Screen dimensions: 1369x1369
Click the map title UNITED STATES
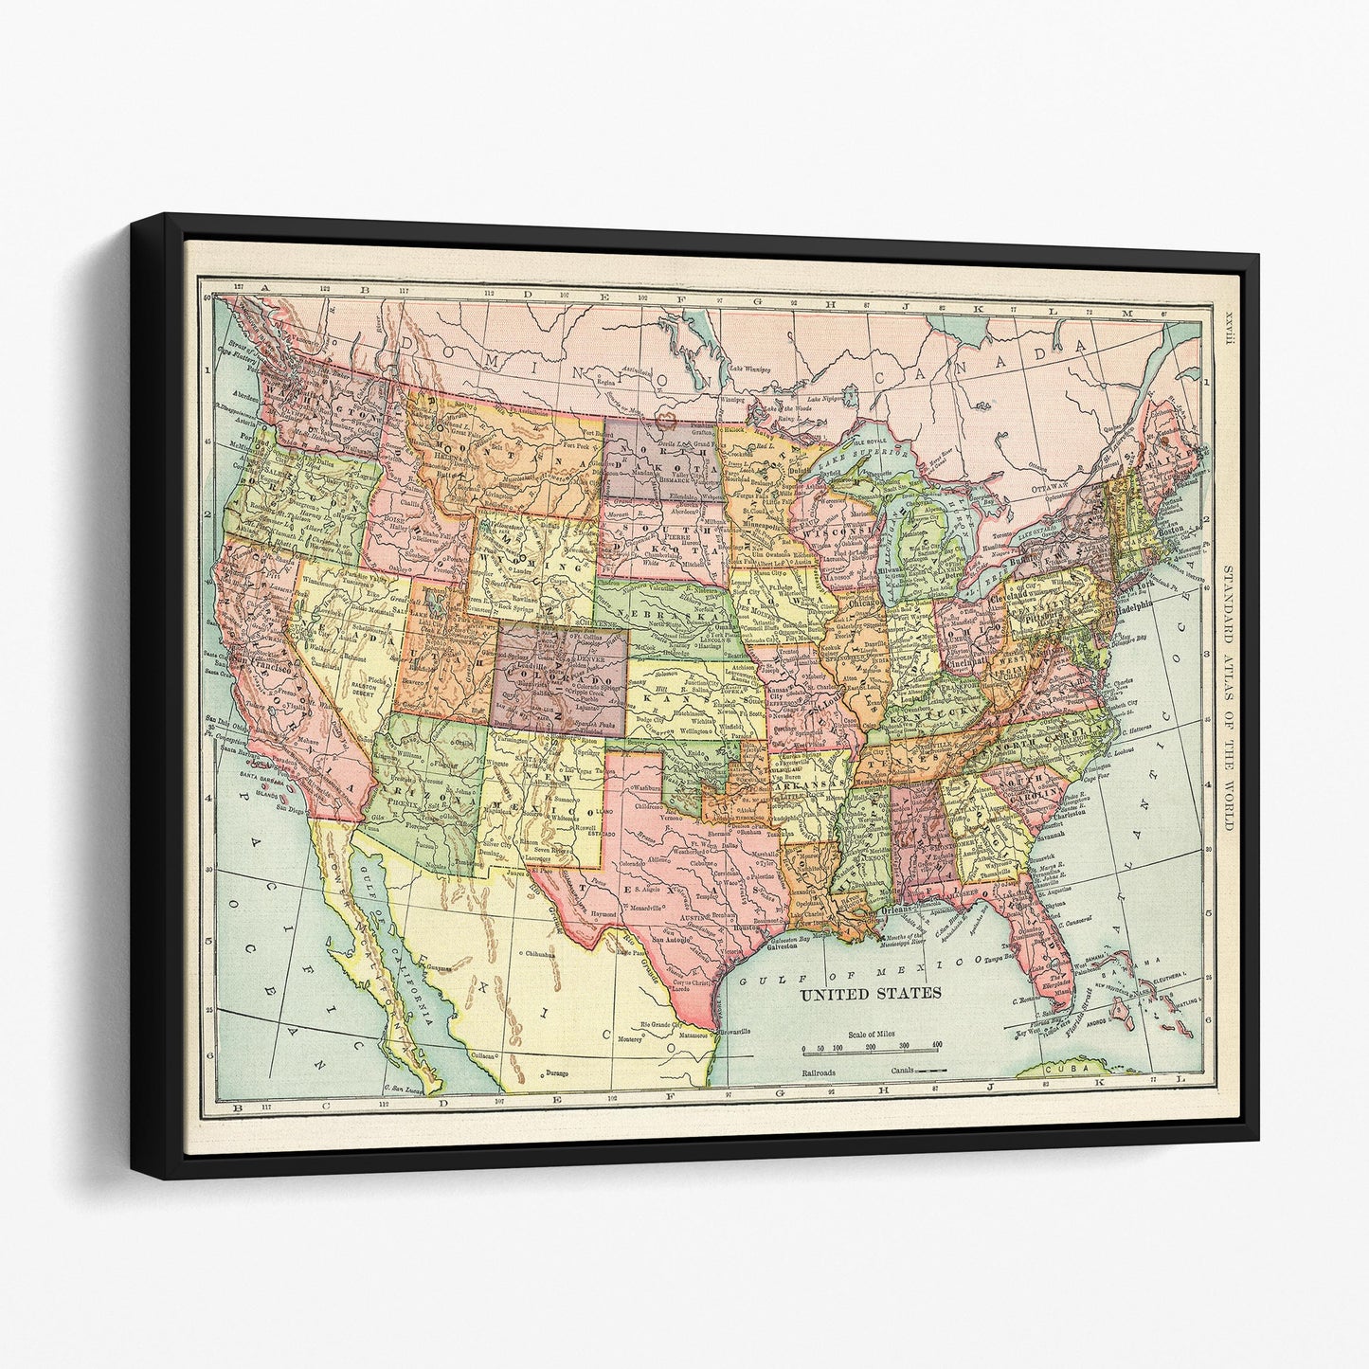(x=871, y=994)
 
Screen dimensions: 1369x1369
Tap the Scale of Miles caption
(x=874, y=1035)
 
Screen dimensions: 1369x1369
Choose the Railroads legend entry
(x=821, y=1071)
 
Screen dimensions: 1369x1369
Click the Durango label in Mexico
(x=561, y=1073)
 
